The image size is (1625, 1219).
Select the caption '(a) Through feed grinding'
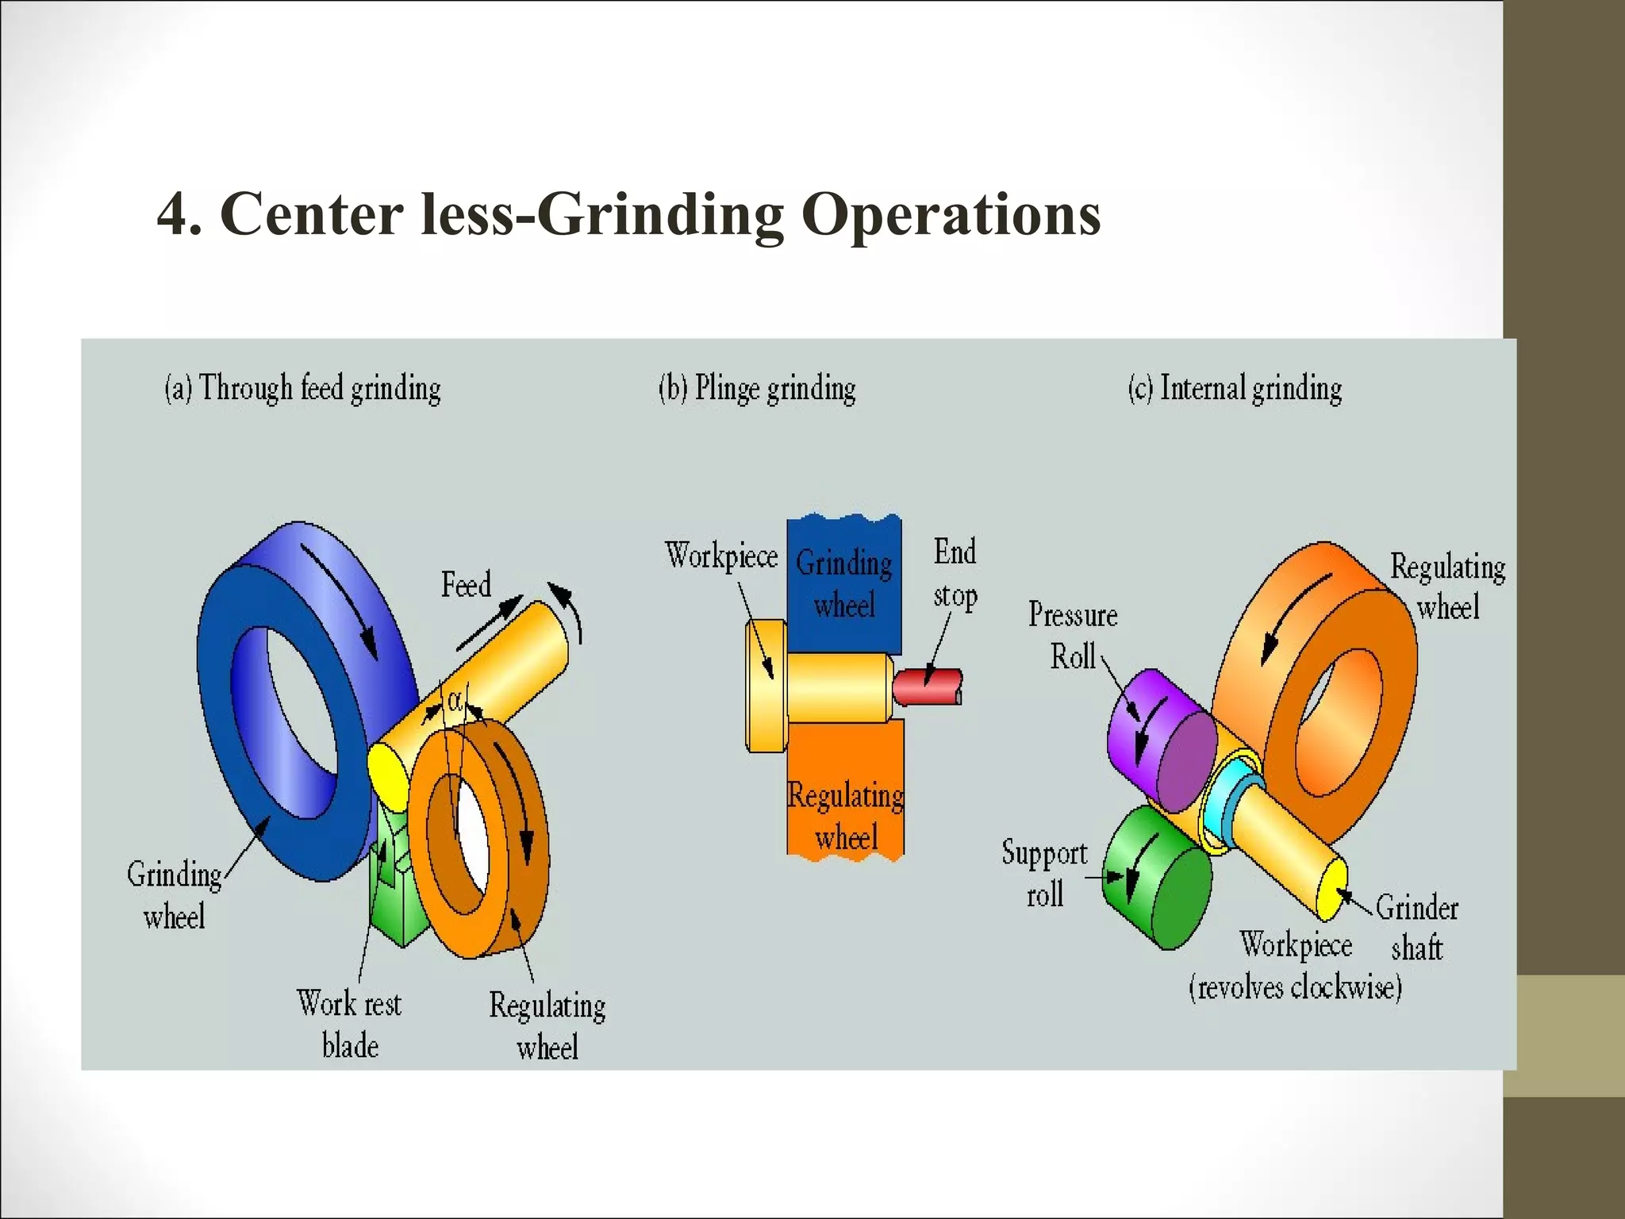click(x=302, y=389)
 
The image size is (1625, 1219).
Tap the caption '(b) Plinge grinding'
click(x=757, y=389)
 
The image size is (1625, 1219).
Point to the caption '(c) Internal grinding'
click(x=1235, y=389)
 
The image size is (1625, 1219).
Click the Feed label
click(x=466, y=585)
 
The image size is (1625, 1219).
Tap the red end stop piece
click(x=926, y=687)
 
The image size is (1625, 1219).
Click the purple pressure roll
click(x=1160, y=738)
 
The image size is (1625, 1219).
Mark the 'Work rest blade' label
click(x=349, y=1025)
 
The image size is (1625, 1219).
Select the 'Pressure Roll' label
click(x=1073, y=636)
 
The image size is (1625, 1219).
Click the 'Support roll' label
click(x=1044, y=874)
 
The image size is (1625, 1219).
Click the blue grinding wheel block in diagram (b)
click(x=843, y=583)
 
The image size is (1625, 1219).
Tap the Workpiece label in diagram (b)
click(x=721, y=556)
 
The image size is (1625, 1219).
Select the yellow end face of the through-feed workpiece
click(x=387, y=774)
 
